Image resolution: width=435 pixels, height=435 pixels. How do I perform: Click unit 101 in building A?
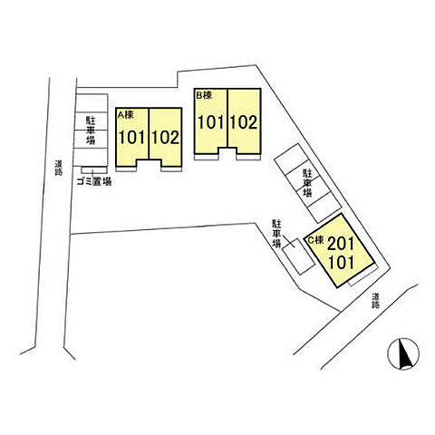(132, 138)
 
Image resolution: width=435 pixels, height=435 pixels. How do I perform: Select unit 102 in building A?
(166, 138)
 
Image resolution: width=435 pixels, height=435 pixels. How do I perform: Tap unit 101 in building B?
(211, 122)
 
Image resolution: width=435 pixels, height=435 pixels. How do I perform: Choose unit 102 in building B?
(244, 122)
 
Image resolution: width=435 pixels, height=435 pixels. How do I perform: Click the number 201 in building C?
(341, 244)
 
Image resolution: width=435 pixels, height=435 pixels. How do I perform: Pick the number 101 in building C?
(342, 263)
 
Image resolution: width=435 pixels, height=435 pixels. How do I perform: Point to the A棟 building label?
(125, 114)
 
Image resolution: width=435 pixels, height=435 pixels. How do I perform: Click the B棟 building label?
(205, 95)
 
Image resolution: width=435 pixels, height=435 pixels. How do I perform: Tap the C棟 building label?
(315, 240)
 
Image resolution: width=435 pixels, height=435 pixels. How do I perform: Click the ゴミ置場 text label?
(94, 182)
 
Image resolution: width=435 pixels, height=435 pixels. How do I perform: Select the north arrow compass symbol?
(403, 353)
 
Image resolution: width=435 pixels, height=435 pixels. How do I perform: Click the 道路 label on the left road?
(59, 168)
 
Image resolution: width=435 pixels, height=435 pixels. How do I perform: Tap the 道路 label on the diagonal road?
(376, 301)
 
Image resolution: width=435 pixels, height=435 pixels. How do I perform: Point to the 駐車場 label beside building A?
(91, 130)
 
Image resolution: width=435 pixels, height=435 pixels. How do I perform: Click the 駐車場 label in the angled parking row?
(307, 183)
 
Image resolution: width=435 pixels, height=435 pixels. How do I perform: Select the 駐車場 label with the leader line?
(276, 234)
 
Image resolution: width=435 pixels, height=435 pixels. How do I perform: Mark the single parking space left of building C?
(298, 256)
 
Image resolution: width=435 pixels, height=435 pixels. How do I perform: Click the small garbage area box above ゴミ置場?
(94, 170)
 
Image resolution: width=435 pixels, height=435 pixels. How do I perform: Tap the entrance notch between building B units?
(227, 153)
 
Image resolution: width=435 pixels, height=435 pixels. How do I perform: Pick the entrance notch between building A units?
(149, 165)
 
